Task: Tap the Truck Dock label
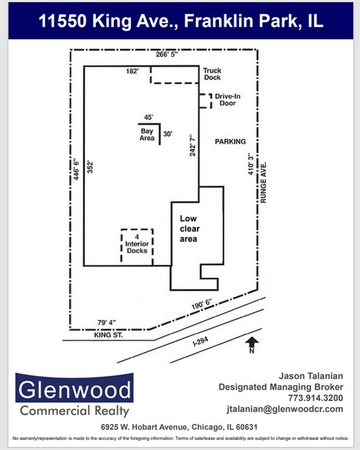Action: click(x=212, y=74)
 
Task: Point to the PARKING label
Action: click(x=230, y=142)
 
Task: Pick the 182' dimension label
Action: click(x=133, y=70)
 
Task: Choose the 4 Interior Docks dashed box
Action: click(x=136, y=246)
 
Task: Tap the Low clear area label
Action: click(x=188, y=228)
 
